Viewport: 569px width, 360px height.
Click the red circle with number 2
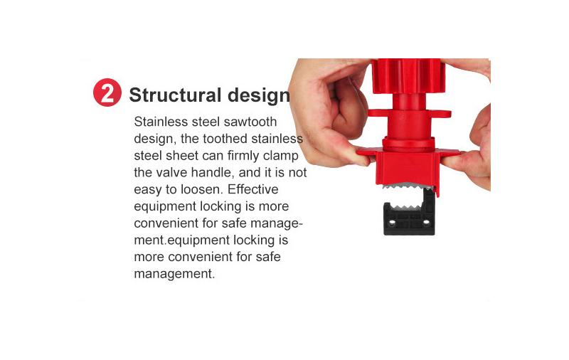point(107,92)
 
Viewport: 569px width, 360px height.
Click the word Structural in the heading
point(175,95)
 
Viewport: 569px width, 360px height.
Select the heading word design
point(259,95)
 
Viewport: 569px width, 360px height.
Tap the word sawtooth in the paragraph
point(250,122)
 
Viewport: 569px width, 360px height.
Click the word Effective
point(253,189)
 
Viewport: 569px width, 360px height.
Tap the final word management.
point(174,274)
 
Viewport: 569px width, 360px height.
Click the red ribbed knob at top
point(408,75)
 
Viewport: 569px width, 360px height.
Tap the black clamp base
point(410,215)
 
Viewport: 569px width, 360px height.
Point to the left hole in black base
point(392,221)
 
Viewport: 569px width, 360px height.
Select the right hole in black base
point(426,221)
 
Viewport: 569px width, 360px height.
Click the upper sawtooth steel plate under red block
point(408,186)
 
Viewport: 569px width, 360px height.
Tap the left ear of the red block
point(366,152)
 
